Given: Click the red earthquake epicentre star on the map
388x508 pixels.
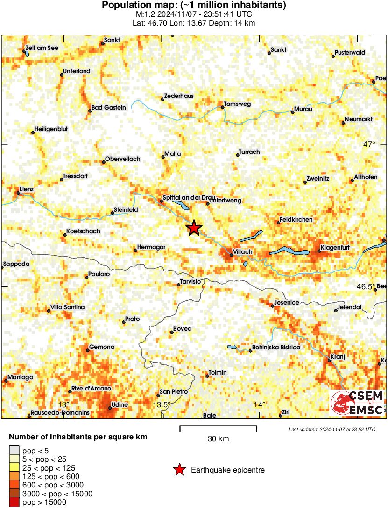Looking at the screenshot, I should pos(194,228).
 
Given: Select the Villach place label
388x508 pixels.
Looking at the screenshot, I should pos(243,252).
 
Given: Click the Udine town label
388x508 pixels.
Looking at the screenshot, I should pos(120,404).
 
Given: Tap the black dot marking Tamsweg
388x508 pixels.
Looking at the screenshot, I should pos(223,108).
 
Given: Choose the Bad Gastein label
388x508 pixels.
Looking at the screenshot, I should pos(109,107).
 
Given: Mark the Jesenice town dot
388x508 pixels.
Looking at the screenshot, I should pos(273,306).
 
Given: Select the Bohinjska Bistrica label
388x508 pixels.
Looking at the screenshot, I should pos(276,347).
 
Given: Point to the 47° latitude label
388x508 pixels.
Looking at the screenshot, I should pos(369,145).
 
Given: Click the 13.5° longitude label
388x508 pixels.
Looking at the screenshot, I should pos(162,404).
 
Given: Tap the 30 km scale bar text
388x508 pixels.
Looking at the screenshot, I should pos(218,438).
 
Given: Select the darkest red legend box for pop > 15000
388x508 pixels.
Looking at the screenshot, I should pos(15,502).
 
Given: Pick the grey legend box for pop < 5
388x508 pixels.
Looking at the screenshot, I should pos(15,451).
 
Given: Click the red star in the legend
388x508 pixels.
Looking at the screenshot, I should pos(179,470).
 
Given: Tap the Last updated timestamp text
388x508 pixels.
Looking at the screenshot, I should pos(332,429).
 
